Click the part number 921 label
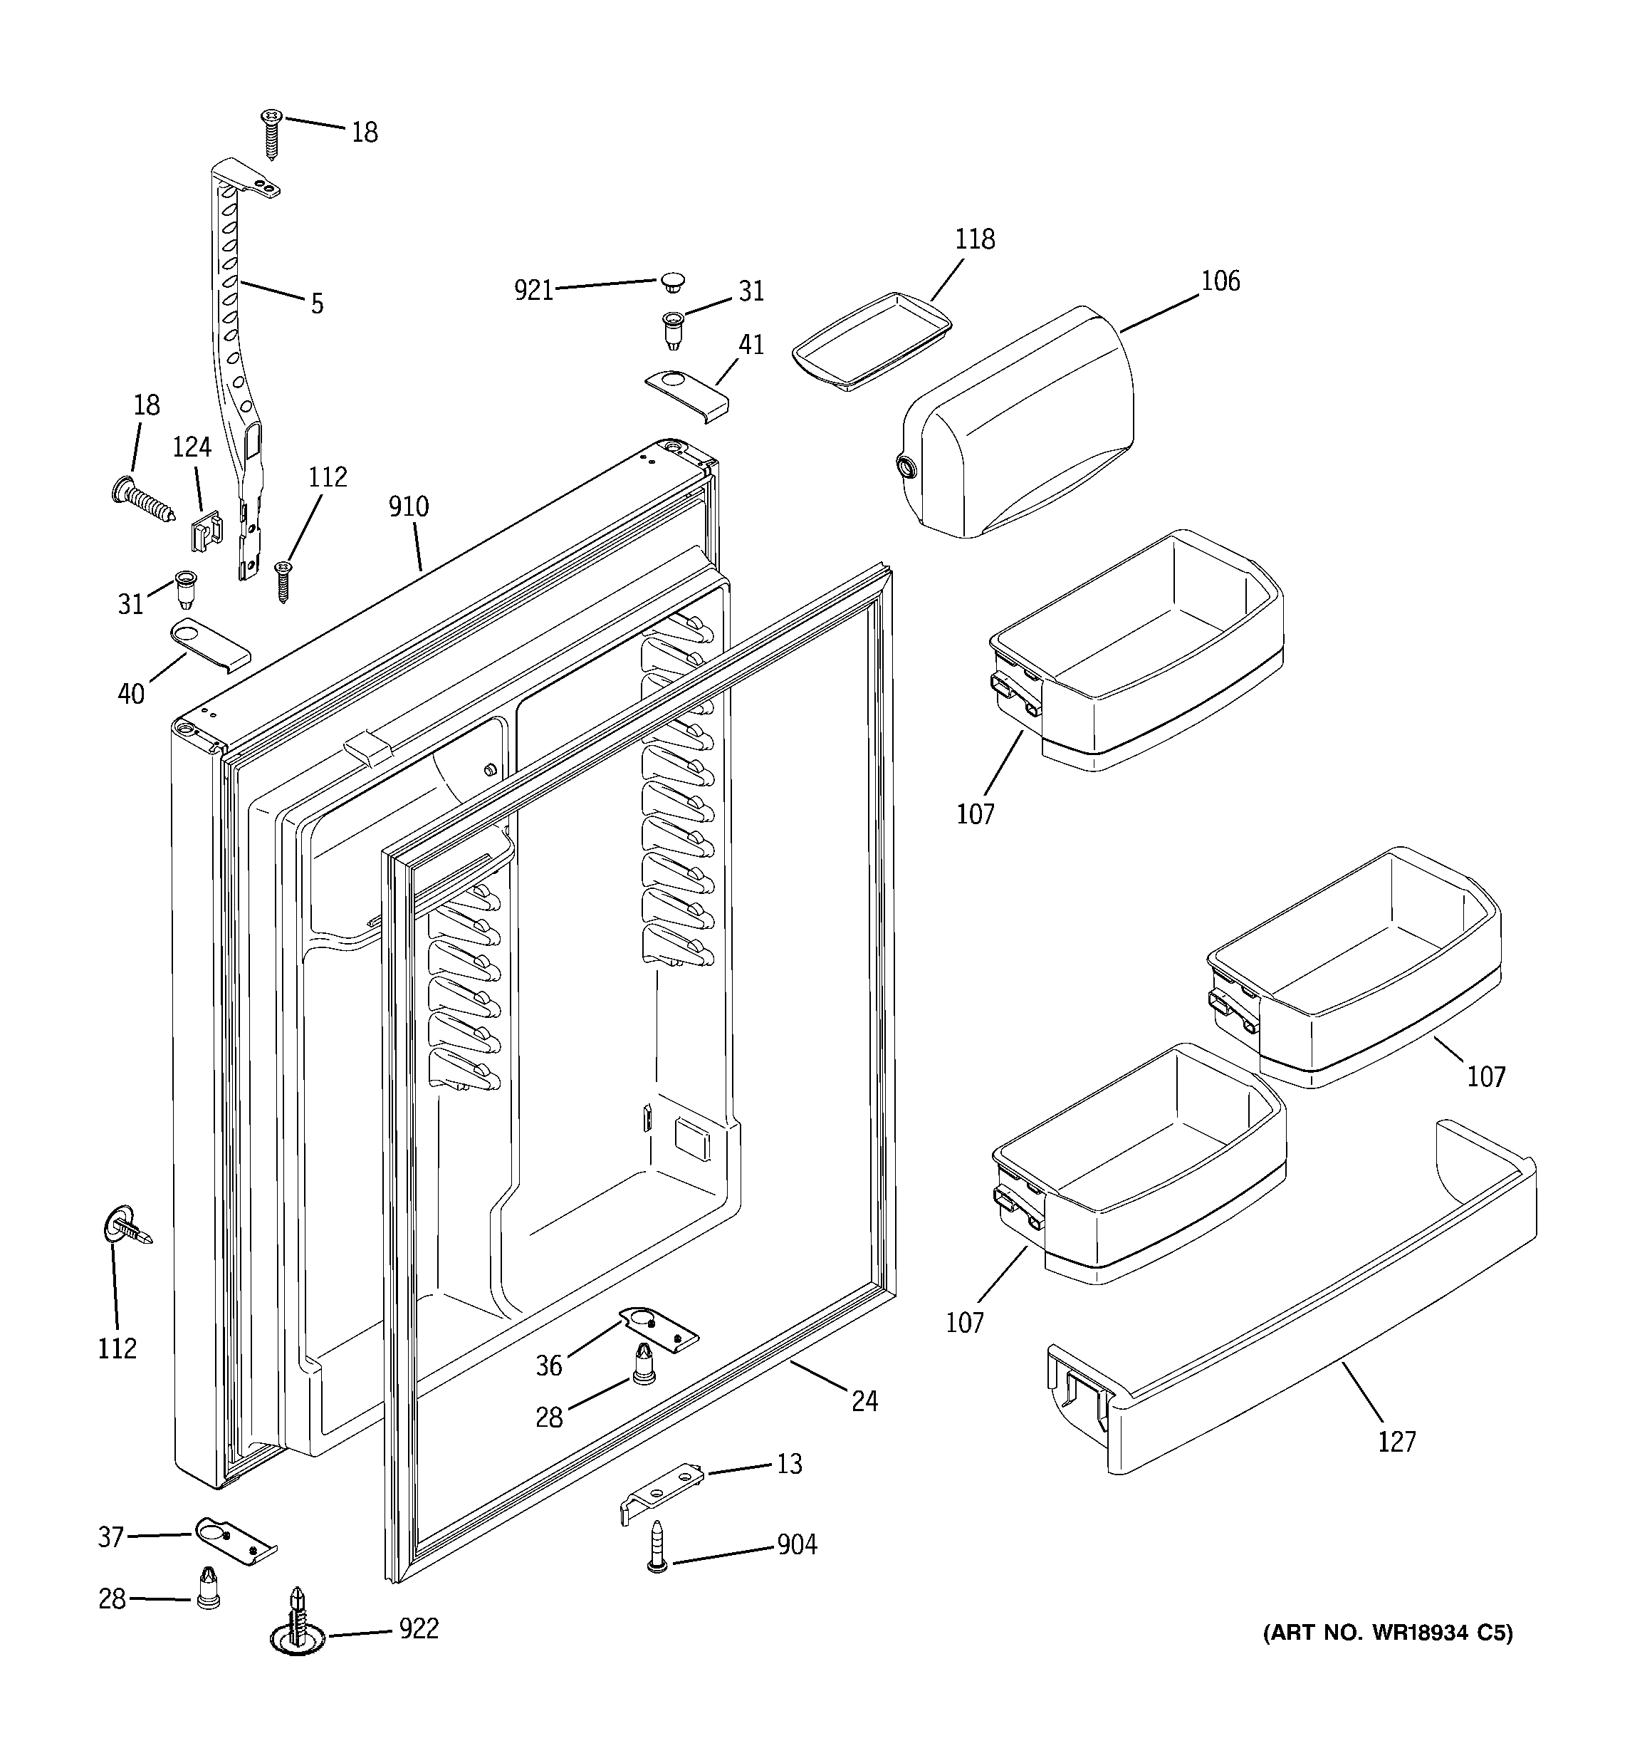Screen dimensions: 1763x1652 [x=534, y=291]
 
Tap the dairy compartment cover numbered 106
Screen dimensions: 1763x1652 [x=1020, y=426]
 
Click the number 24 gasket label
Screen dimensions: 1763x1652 [x=864, y=1401]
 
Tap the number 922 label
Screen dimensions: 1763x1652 [x=419, y=1629]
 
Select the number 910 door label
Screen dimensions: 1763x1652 [x=408, y=507]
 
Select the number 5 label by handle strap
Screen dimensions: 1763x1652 [x=317, y=304]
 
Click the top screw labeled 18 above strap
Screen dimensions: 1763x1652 [x=271, y=131]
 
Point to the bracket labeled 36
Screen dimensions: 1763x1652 [x=658, y=1329]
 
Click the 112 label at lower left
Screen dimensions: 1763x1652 [x=117, y=1349]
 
